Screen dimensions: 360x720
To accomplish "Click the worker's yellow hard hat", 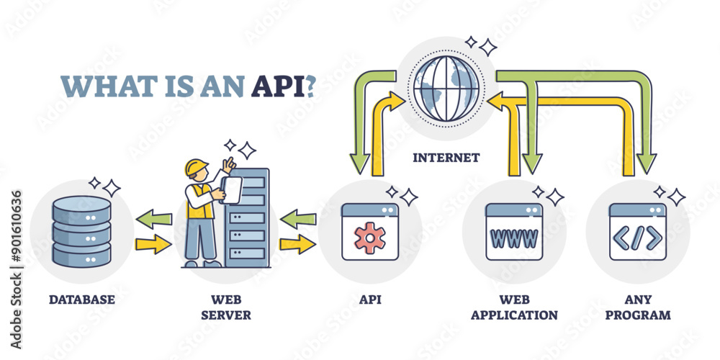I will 196,167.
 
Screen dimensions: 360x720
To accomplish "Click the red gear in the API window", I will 370,237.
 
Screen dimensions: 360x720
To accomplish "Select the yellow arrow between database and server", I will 153,245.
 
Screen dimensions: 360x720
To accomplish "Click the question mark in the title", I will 310,85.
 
